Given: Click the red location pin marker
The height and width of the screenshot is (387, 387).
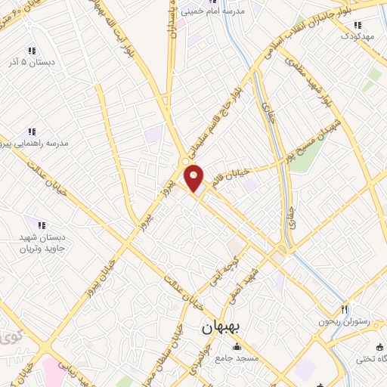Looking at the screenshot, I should pyautogui.click(x=194, y=178).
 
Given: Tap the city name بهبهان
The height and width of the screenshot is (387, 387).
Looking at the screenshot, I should pyautogui.click(x=221, y=330).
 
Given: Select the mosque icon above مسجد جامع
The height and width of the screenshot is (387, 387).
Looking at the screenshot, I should pyautogui.click(x=238, y=348).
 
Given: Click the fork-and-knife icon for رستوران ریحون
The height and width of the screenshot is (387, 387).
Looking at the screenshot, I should pyautogui.click(x=344, y=308).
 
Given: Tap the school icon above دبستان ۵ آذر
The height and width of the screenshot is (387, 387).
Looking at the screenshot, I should pyautogui.click(x=32, y=50).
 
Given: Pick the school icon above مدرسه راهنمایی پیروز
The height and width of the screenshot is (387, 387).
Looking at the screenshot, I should pyautogui.click(x=31, y=132).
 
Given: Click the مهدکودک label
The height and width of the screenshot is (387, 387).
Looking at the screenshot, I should pyautogui.click(x=358, y=35).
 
